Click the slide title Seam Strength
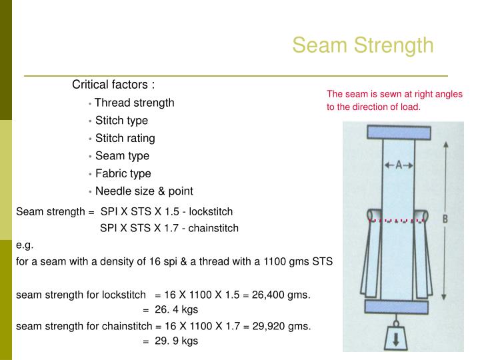click(363, 45)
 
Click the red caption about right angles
click(394, 101)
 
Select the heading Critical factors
click(113, 85)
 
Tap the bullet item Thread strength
click(134, 103)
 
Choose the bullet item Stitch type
click(121, 121)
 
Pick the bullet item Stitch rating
click(125, 138)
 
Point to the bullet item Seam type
click(122, 155)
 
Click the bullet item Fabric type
click(123, 173)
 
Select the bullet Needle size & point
click(144, 191)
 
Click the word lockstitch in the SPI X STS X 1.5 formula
click(211, 211)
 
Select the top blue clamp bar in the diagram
click(397, 132)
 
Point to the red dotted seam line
click(397, 219)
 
